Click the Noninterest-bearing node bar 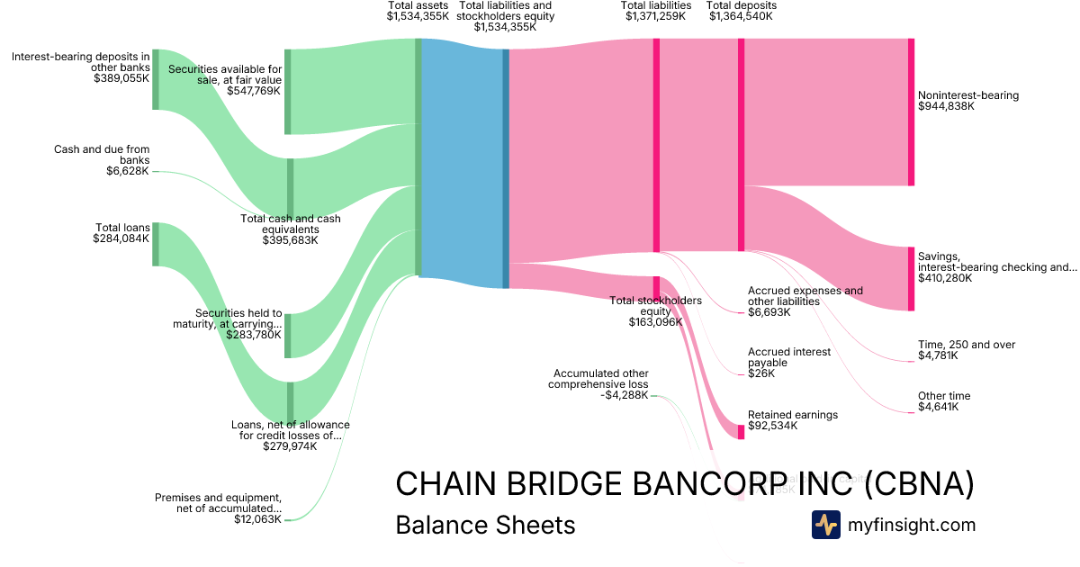(x=911, y=112)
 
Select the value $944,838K (x=946, y=106)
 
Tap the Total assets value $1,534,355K (x=418, y=16)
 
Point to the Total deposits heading (x=741, y=5)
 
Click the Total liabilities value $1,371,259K (x=656, y=16)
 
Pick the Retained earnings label (x=793, y=415)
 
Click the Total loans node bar (x=156, y=244)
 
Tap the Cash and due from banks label (x=102, y=154)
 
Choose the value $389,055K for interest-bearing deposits (x=121, y=78)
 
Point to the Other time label (x=944, y=396)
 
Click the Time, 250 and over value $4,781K (x=938, y=355)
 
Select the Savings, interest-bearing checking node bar (x=911, y=279)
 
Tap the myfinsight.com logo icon (x=825, y=525)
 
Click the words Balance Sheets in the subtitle (x=485, y=525)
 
